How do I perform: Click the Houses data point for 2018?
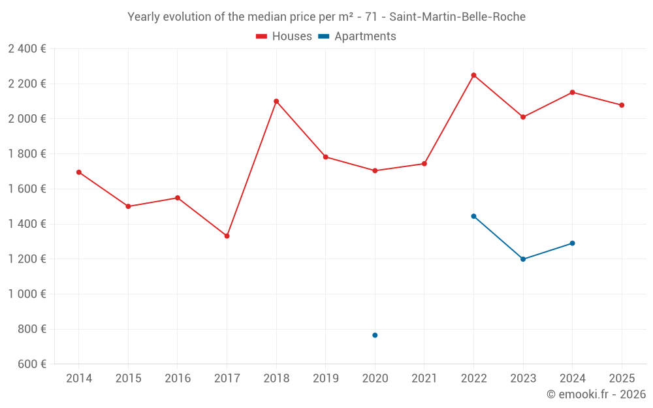pos(276,101)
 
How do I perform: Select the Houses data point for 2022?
pos(473,75)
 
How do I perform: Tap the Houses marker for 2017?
pos(227,236)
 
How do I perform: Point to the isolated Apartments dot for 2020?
pos(375,335)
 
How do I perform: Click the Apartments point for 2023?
pos(523,259)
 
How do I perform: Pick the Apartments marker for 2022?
pos(473,216)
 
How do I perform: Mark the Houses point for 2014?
pos(79,172)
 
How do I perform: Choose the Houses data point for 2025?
pos(622,105)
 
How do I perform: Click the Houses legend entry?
pos(284,37)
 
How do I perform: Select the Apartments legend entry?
pos(357,37)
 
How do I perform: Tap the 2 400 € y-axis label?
pos(27,48)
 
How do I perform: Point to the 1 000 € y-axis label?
pos(27,294)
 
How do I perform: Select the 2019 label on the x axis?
pos(325,379)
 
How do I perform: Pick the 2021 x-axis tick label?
pos(424,379)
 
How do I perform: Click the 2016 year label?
pos(178,379)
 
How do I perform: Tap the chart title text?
pos(326,17)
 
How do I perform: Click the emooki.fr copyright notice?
pos(596,394)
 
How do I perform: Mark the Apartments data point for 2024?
pos(572,243)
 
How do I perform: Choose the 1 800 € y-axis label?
pos(27,153)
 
